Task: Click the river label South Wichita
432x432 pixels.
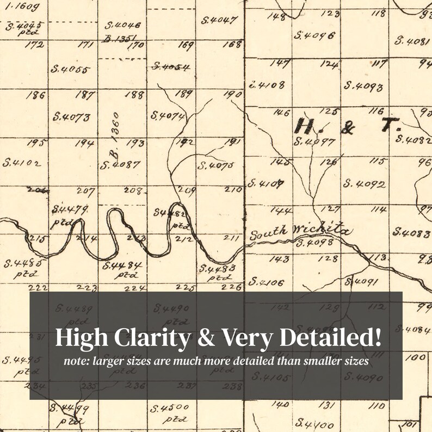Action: pos(300,232)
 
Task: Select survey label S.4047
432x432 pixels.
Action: pos(219,21)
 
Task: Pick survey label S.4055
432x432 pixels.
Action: pos(71,69)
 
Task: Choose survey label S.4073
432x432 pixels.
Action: pos(71,116)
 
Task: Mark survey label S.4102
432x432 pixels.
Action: pos(22,162)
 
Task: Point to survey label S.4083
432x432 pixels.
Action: pos(412,233)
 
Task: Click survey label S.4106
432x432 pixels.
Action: pos(266,282)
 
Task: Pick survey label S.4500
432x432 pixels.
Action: pos(170,408)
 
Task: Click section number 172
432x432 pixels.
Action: pos(35,45)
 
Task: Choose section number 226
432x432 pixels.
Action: pos(232,287)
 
